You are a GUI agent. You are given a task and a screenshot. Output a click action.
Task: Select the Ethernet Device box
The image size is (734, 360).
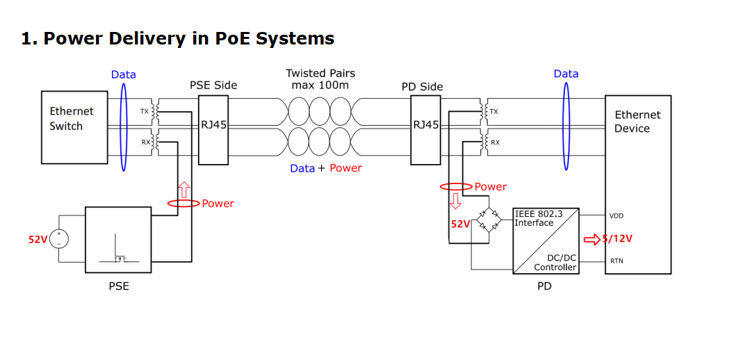coord(637,184)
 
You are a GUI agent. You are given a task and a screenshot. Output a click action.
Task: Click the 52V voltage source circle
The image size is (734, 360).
coord(58,240)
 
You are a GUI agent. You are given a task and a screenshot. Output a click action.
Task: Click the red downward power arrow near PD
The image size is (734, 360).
coord(456,202)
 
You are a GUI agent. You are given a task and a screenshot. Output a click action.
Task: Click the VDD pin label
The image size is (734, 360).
coord(617,216)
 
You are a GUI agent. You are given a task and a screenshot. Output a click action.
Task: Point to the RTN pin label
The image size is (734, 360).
coord(616,261)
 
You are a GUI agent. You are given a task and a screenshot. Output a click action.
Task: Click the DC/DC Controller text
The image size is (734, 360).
coord(556,262)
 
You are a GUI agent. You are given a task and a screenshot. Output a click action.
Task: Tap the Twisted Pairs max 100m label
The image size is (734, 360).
coord(320,79)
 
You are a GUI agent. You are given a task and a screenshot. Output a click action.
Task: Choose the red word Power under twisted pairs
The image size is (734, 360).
coord(345,168)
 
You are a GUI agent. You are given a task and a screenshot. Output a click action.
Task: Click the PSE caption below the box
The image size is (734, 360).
coord(118,286)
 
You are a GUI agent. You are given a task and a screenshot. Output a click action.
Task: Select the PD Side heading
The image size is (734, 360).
coord(422,87)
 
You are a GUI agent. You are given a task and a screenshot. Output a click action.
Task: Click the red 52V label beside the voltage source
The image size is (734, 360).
coord(38,240)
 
